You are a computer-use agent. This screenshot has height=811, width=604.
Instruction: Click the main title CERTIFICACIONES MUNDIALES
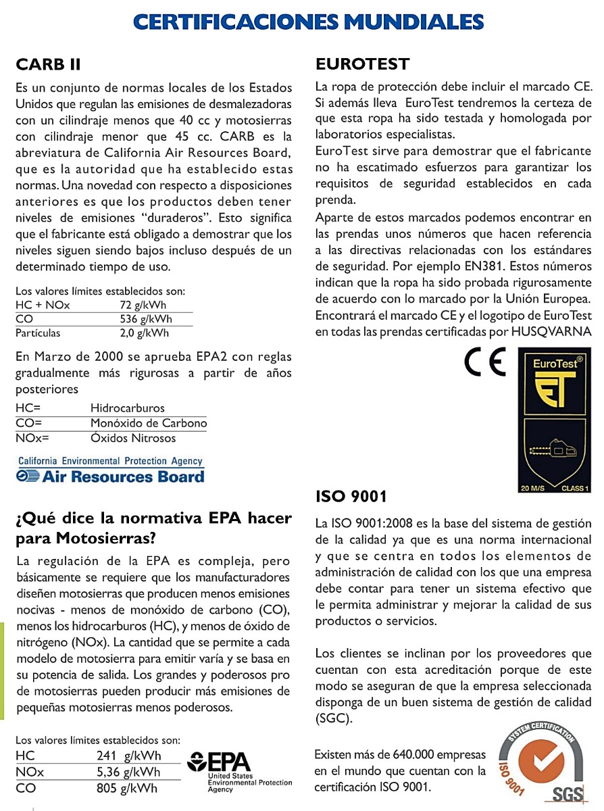pyautogui.click(x=309, y=22)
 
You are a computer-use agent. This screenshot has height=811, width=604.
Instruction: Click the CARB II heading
pyautogui.click(x=48, y=65)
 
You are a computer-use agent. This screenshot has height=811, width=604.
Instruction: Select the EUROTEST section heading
pyautogui.click(x=363, y=65)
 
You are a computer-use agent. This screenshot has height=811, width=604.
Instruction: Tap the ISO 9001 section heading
pyautogui.click(x=351, y=497)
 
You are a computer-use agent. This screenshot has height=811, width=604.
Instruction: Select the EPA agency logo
pyautogui.click(x=240, y=770)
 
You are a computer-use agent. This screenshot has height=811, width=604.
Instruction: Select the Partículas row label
pyautogui.click(x=38, y=333)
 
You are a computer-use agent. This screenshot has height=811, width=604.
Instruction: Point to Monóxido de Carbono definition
pyautogui.click(x=149, y=423)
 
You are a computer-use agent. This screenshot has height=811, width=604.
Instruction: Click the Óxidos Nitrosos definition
pyautogui.click(x=133, y=438)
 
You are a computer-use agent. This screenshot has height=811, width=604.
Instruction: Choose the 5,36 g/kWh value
pyautogui.click(x=128, y=772)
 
